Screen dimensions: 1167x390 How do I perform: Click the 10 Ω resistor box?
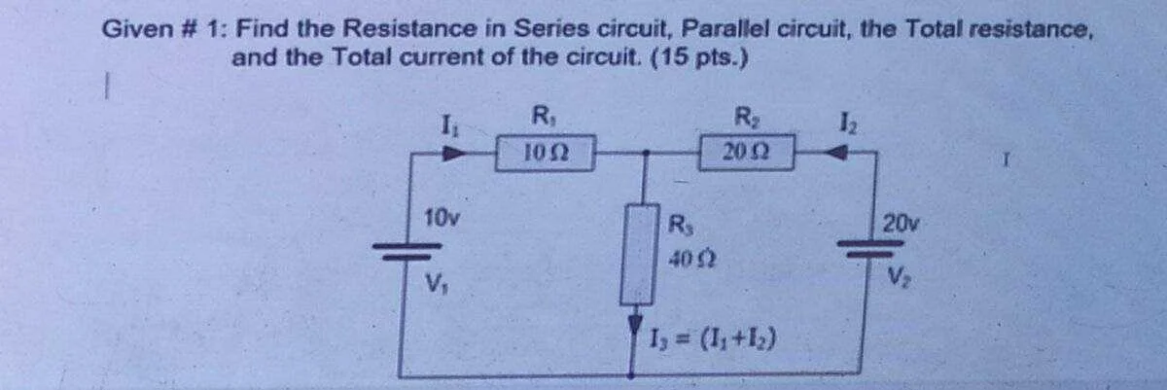pyautogui.click(x=545, y=153)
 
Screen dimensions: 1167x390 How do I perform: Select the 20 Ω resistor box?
pyautogui.click(x=746, y=152)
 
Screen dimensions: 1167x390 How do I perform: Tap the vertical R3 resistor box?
pyautogui.click(x=638, y=254)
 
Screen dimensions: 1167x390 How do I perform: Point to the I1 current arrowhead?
pyautogui.click(x=453, y=153)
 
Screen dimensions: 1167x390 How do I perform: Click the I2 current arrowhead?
pyautogui.click(x=837, y=153)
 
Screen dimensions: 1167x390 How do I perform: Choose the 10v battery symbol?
pyautogui.click(x=407, y=251)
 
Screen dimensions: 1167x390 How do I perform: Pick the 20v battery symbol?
pyautogui.click(x=869, y=248)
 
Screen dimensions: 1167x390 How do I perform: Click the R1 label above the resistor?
pyautogui.click(x=542, y=116)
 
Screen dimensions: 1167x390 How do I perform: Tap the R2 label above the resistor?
pyautogui.click(x=746, y=117)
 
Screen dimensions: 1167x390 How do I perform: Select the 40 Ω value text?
pyautogui.click(x=692, y=258)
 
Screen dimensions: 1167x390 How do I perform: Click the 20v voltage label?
pyautogui.click(x=901, y=224)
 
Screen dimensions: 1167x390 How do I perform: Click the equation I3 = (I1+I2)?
pyautogui.click(x=713, y=339)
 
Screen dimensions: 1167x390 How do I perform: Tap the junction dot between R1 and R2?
pyautogui.click(x=646, y=153)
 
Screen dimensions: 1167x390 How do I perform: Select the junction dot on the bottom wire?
pyautogui.click(x=631, y=374)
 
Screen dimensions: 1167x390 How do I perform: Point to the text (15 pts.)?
pyautogui.click(x=699, y=57)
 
